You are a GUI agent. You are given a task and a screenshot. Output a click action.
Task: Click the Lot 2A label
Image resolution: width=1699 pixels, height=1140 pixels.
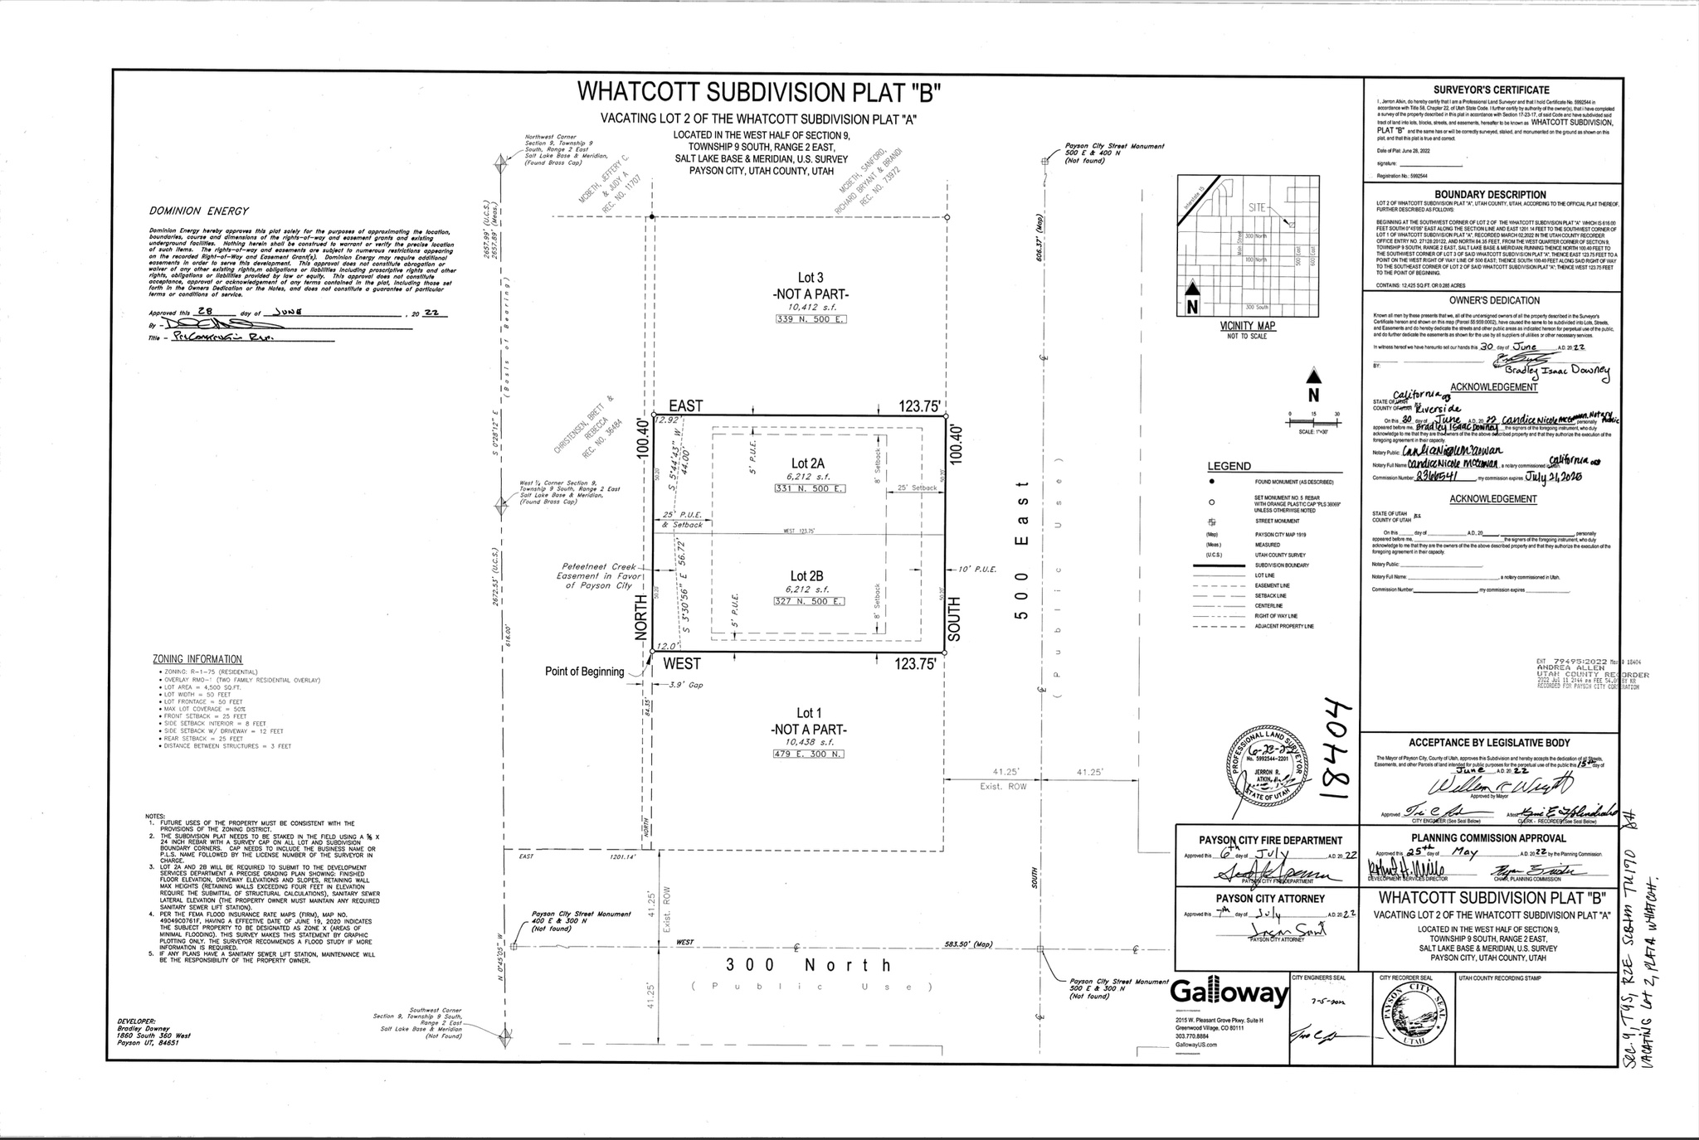click(x=807, y=463)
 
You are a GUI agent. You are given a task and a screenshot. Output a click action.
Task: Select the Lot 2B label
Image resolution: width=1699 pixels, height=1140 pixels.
click(x=806, y=575)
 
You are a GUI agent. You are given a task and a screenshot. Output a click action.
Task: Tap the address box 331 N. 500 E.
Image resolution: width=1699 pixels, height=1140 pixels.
click(x=809, y=489)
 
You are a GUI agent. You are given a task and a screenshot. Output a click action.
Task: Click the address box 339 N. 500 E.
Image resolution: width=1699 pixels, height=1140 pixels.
click(x=811, y=319)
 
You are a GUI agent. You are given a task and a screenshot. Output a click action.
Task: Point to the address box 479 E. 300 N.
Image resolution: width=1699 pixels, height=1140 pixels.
click(x=809, y=754)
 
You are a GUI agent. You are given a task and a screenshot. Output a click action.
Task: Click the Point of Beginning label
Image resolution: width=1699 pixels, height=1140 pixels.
click(x=584, y=672)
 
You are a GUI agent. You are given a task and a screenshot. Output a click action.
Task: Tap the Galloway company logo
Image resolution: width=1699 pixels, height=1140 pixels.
click(x=1229, y=994)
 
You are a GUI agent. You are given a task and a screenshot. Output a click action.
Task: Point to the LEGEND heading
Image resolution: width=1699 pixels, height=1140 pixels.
click(x=1229, y=466)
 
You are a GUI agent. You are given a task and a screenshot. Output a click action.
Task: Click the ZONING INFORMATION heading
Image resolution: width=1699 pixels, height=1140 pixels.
click(x=197, y=659)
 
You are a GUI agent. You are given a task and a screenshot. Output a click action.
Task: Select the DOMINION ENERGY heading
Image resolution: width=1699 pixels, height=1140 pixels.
click(x=199, y=211)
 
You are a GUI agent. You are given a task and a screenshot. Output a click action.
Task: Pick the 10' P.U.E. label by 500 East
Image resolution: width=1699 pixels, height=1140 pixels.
click(x=976, y=570)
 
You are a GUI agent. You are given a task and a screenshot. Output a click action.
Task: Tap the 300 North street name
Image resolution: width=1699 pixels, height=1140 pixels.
click(x=808, y=964)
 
